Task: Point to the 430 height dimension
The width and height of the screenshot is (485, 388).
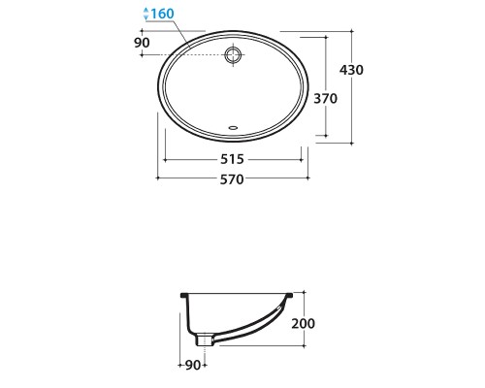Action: (364, 72)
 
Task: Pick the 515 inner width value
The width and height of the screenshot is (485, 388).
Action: (233, 157)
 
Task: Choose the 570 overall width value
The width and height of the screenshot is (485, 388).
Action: (233, 178)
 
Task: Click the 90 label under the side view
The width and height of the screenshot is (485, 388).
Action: (192, 365)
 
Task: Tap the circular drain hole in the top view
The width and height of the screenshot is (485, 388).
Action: (233, 55)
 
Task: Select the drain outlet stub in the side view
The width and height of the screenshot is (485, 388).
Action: (204, 339)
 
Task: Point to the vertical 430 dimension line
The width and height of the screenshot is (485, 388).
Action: (346, 87)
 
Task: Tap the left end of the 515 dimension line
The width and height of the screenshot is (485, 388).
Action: (165, 157)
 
